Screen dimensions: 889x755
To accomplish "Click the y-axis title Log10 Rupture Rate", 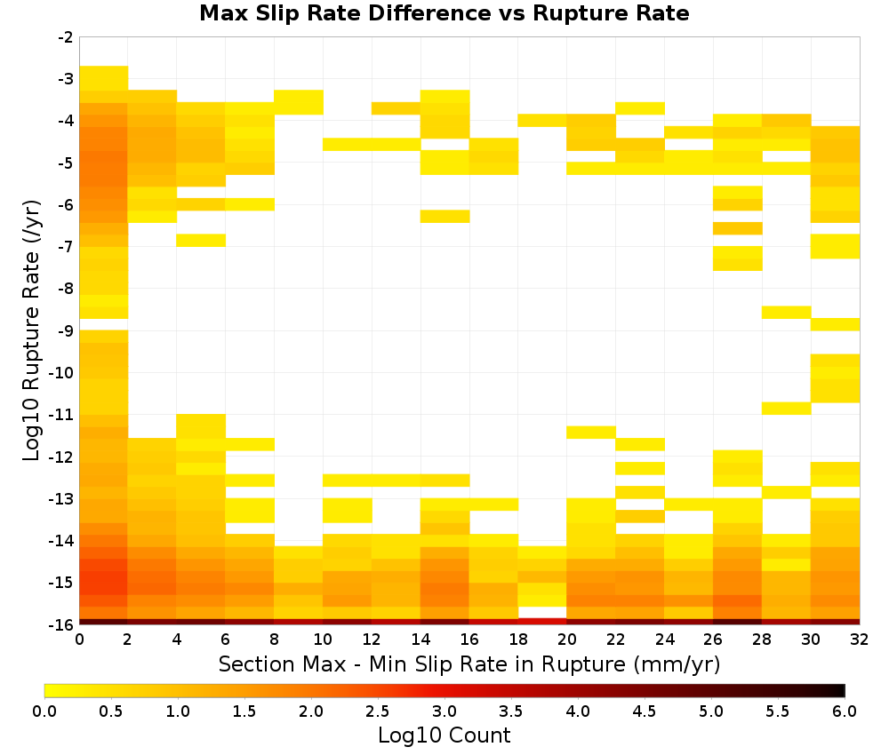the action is point(31,330).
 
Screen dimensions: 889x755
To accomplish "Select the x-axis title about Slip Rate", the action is point(469,664).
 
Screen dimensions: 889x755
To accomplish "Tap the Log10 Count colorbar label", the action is point(444,735).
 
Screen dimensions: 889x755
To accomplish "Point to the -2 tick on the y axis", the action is point(66,37).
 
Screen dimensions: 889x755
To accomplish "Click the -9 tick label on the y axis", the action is point(66,330).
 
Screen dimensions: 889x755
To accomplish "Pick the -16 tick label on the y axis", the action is point(62,624).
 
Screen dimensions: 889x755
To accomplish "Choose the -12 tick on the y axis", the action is point(62,457).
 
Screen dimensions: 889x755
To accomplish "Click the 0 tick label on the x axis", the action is point(79,640).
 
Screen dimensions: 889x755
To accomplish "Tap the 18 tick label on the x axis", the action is point(518,640).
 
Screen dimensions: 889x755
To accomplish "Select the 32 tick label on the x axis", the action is point(860,640).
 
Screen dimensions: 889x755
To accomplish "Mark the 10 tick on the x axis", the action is point(324,640).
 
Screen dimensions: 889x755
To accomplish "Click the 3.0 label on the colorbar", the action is point(444,711).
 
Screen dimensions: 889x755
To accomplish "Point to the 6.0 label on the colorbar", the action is point(845,711).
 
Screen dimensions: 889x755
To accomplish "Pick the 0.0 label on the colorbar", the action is point(44,711).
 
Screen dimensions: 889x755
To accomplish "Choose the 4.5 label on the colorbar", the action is point(644,711).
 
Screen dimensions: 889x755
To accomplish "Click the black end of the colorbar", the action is point(841,690).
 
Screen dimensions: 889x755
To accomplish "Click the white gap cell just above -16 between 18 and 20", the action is point(542,612).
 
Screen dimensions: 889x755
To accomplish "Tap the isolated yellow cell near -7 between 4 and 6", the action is point(201,240).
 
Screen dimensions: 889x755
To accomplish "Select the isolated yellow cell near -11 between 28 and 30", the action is point(787,408).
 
